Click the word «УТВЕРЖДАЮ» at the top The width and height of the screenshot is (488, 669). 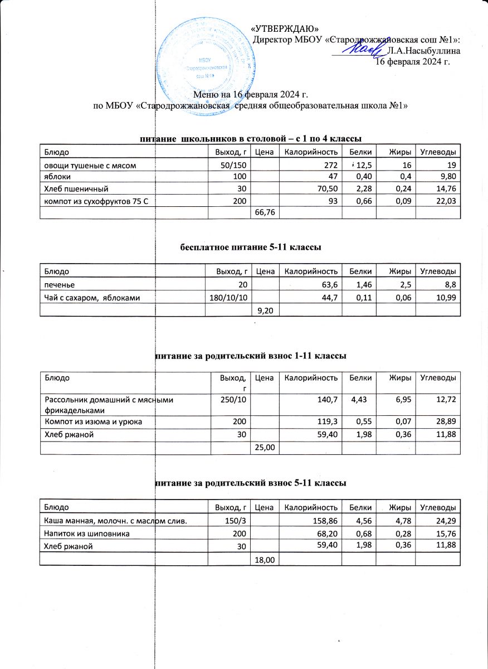[285, 29]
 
